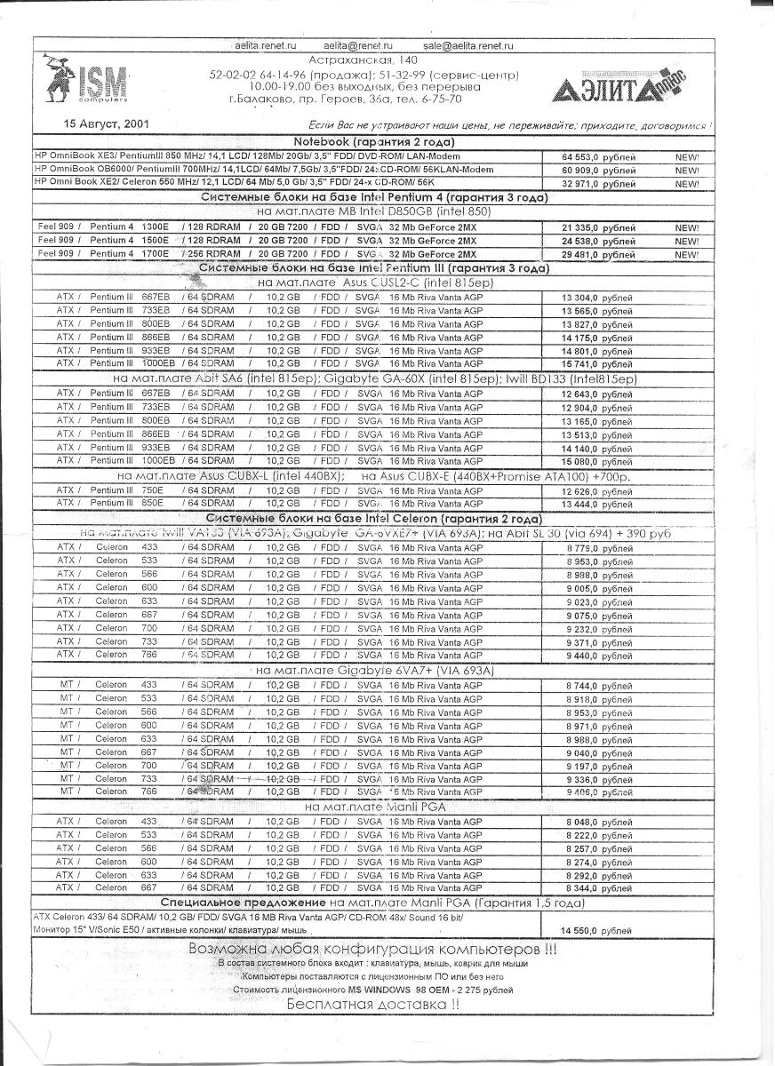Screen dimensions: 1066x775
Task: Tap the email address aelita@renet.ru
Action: (358, 44)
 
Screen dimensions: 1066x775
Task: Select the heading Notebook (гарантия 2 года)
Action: (374, 142)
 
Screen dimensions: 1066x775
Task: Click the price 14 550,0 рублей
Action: (597, 930)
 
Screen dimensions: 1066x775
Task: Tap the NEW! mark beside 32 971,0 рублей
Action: (687, 184)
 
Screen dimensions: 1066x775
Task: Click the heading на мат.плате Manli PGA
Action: (374, 807)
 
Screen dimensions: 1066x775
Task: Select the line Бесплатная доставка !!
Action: (373, 1005)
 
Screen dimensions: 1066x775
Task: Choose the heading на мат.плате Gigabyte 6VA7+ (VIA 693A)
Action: (374, 671)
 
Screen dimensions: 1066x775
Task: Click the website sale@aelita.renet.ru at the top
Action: (467, 44)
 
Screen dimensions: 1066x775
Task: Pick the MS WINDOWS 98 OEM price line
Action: (373, 990)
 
